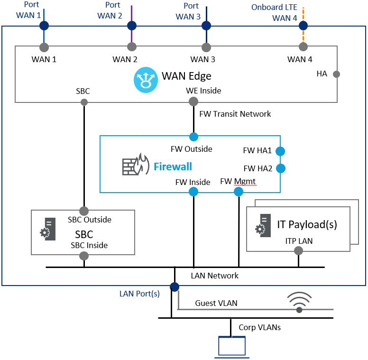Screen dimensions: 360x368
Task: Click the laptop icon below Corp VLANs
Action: coord(232,346)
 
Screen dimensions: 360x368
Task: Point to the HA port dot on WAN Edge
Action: coord(337,74)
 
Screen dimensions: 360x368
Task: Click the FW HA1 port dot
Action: coord(280,151)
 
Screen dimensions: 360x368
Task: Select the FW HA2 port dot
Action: coord(280,168)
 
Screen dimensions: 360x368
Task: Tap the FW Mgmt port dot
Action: coord(239,192)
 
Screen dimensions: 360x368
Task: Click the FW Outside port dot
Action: coord(193,137)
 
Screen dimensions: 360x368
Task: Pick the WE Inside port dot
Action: coord(193,102)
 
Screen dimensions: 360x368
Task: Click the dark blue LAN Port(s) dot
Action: coord(175,286)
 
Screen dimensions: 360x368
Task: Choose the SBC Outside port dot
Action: coord(84,211)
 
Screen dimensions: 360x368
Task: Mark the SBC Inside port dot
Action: coord(84,256)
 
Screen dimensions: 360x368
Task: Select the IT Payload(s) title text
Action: coord(307,224)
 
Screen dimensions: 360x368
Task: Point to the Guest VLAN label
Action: coord(216,303)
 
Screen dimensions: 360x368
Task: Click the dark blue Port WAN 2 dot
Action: coord(132,26)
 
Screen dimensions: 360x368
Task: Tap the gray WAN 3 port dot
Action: coord(206,47)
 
